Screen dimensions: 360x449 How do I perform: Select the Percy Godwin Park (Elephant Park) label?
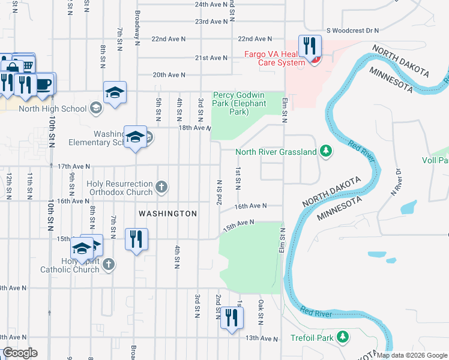pos(239,104)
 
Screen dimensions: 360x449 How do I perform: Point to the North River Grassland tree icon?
pos(326,151)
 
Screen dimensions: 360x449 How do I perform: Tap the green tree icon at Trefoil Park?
pos(343,337)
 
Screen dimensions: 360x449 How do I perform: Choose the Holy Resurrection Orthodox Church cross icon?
pos(161,188)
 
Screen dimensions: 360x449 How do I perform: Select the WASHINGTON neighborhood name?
pos(167,214)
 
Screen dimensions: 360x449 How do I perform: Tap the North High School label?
pos(53,109)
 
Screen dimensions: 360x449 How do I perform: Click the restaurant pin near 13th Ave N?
pos(232,317)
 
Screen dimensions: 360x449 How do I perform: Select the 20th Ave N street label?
pos(169,75)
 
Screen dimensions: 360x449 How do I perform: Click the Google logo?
pos(19,353)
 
